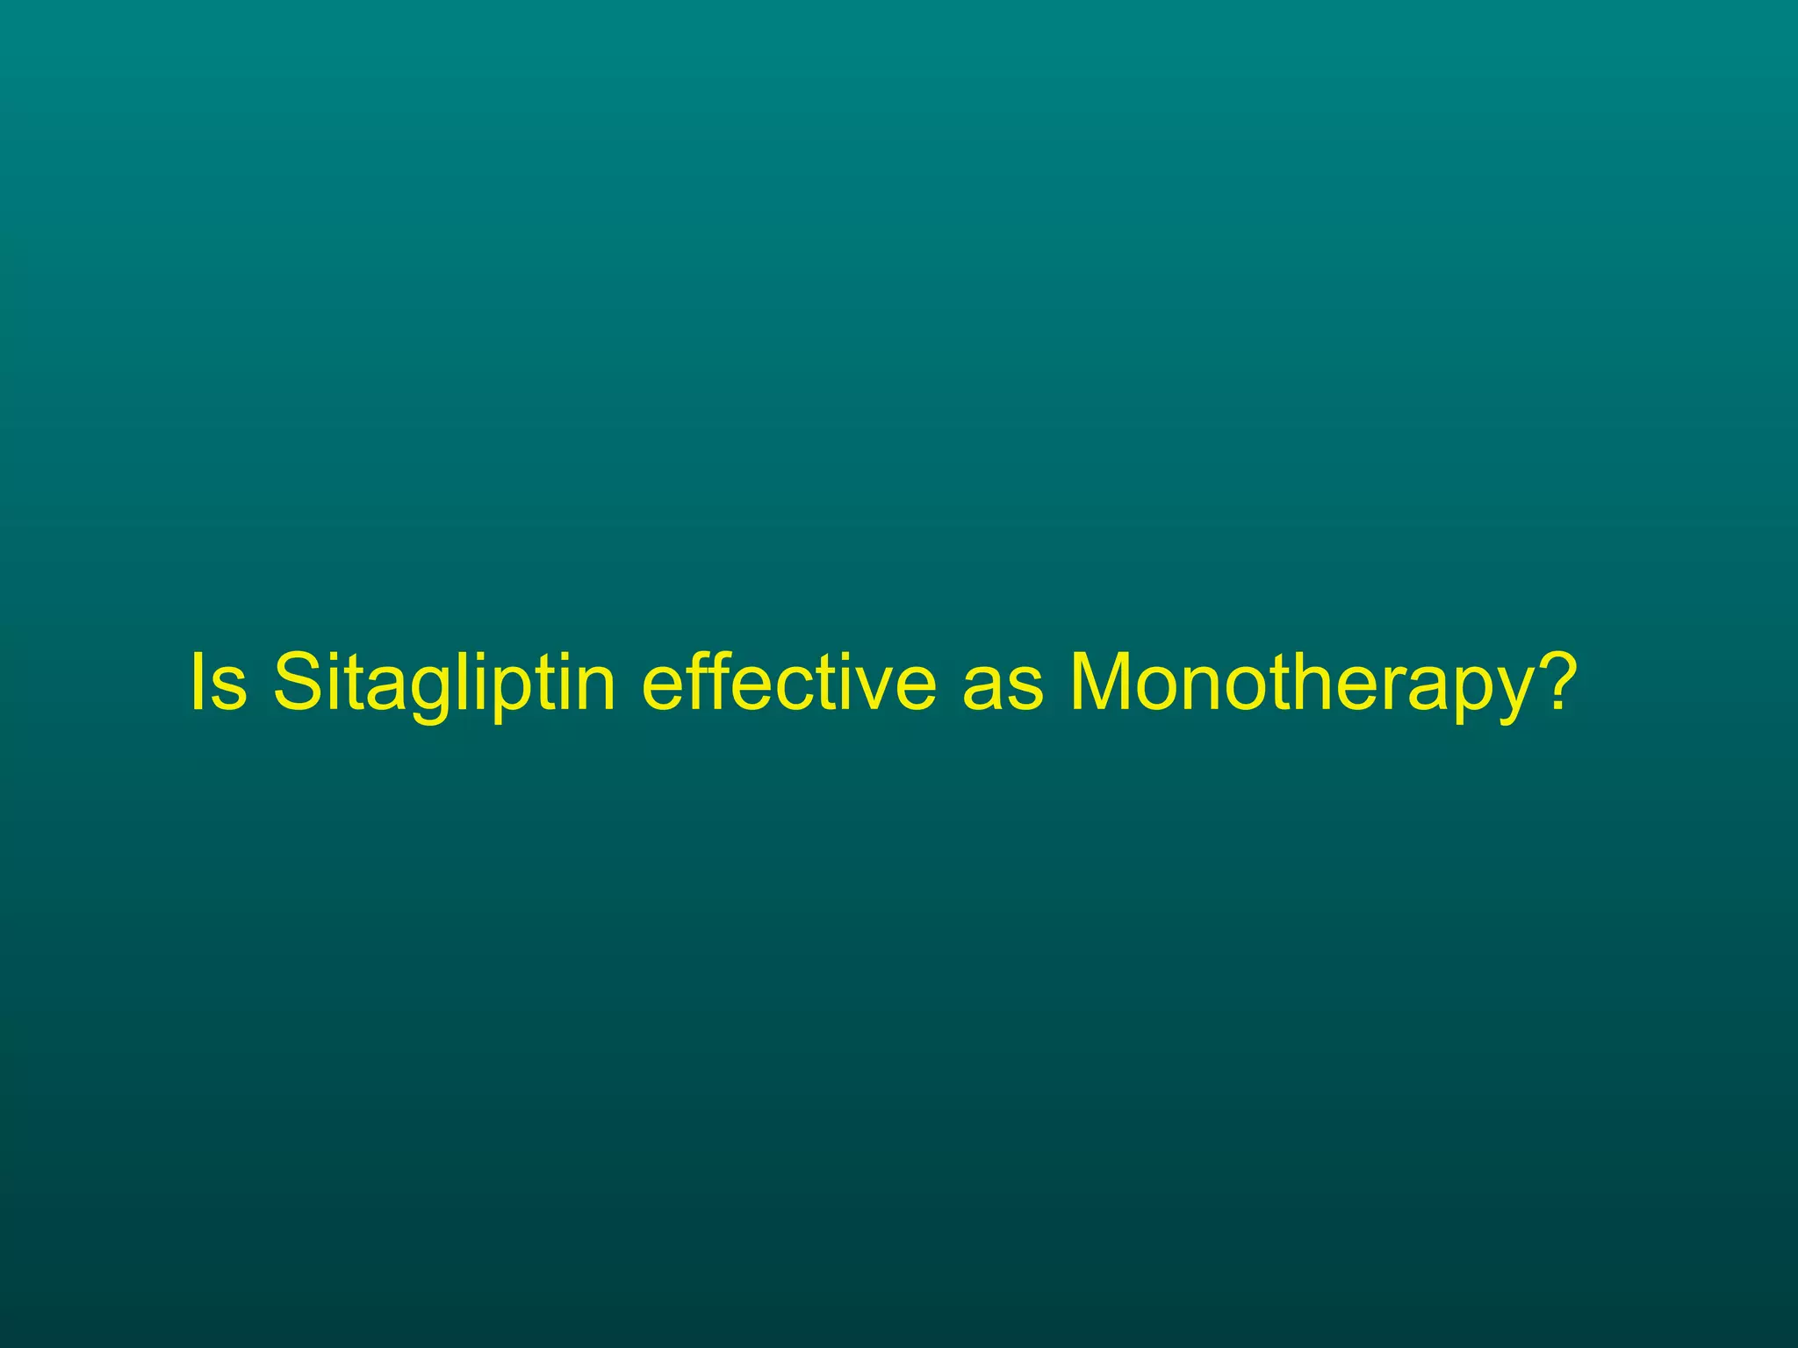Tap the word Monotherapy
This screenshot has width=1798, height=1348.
1300,683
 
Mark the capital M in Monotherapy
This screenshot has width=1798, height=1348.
1105,681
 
